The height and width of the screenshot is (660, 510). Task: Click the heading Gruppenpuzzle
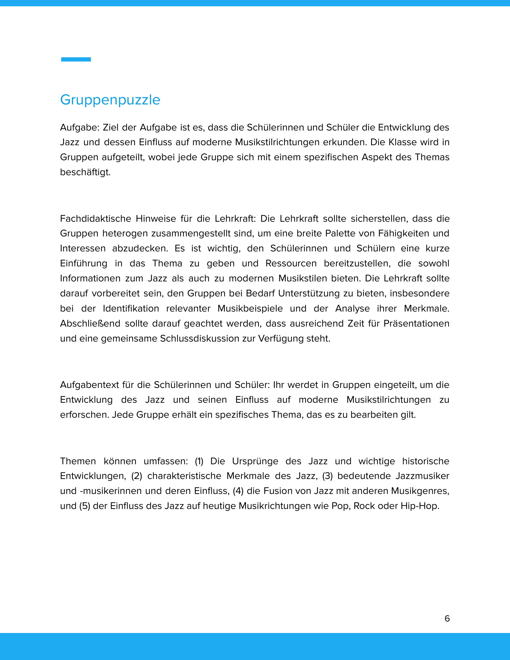[x=110, y=100]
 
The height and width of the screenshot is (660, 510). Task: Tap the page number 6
[x=447, y=619]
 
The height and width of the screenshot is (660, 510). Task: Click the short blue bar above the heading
[x=76, y=59]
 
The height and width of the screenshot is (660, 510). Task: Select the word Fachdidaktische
[x=95, y=218]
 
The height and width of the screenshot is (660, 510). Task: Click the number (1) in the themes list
[x=199, y=461]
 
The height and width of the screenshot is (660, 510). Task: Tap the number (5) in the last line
[x=85, y=506]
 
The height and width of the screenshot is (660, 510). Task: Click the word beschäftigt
[x=85, y=172]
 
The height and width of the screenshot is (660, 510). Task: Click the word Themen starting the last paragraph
[x=78, y=461]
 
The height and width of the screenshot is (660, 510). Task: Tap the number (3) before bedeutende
[x=327, y=476]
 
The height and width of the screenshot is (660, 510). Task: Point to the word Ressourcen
[x=291, y=263]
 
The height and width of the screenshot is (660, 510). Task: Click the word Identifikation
[x=131, y=308]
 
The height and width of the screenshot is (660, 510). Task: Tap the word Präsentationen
[x=416, y=323]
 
